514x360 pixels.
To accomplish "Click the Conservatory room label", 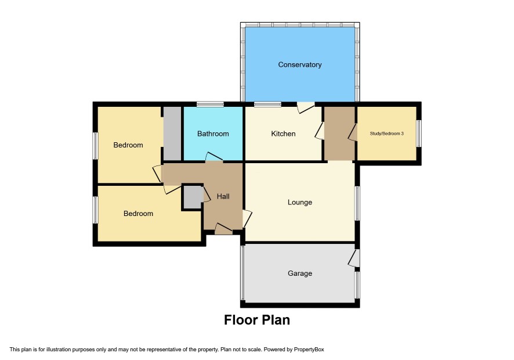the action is [x=299, y=64].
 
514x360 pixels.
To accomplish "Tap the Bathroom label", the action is [x=213, y=134].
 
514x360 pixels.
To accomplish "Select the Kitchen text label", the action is [x=283, y=134].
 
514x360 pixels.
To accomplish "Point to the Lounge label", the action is [x=299, y=202].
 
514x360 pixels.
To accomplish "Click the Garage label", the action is [x=299, y=273].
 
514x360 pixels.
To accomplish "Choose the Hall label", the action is [x=223, y=196].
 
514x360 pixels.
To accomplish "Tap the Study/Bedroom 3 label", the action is [x=386, y=134].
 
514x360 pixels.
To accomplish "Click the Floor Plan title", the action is [x=256, y=320].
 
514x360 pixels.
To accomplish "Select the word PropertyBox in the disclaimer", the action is [x=309, y=350].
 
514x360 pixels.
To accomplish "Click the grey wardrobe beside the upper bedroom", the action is [x=172, y=134].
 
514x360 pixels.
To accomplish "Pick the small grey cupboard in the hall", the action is [x=193, y=197].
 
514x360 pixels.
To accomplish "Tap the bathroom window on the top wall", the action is [x=210, y=104].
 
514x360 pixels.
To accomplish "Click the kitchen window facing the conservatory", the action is [x=267, y=104].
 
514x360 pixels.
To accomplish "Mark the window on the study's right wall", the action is [x=419, y=134].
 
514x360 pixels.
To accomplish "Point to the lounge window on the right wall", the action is [x=357, y=203].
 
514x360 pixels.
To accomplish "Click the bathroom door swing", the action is [x=214, y=157].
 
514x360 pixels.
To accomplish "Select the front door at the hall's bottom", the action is [x=224, y=229].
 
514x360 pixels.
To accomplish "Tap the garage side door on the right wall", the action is [x=354, y=258].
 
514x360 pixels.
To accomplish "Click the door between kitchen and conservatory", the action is [x=306, y=107].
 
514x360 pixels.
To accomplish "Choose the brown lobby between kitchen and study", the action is [x=339, y=134].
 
